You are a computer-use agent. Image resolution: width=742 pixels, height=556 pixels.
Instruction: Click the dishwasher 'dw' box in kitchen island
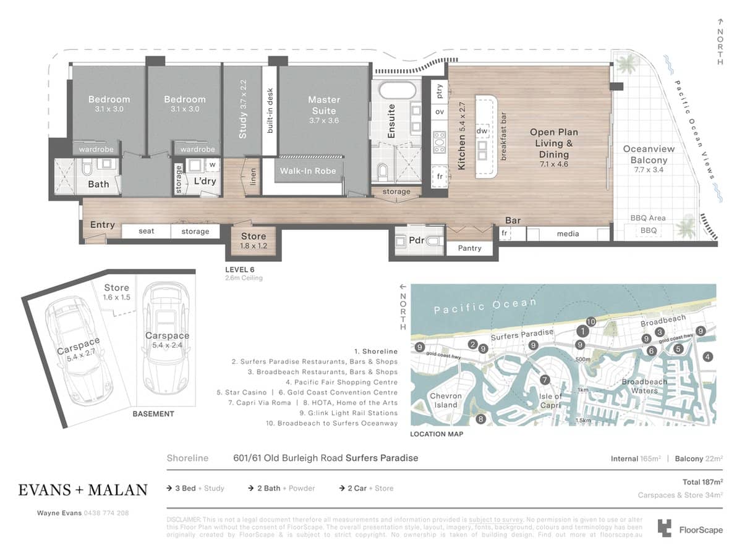click(483, 131)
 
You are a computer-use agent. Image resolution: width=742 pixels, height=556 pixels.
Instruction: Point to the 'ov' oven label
click(440, 112)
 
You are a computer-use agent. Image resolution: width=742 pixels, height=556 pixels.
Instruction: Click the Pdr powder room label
click(417, 240)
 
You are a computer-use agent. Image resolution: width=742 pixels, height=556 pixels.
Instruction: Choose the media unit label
click(568, 234)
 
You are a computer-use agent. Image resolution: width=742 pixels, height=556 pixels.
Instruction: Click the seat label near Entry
click(146, 231)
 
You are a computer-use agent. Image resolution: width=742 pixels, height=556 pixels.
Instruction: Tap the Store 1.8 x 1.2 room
click(254, 240)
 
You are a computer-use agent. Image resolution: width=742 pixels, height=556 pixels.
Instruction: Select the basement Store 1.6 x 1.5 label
click(116, 292)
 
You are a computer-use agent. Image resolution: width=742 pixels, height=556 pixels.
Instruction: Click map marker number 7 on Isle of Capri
click(544, 380)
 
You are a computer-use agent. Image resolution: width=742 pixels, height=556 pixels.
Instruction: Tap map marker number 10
click(591, 321)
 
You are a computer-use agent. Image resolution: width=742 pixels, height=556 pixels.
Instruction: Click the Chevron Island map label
click(445, 400)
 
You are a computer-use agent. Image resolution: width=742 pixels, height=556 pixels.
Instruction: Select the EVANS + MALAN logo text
click(83, 490)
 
